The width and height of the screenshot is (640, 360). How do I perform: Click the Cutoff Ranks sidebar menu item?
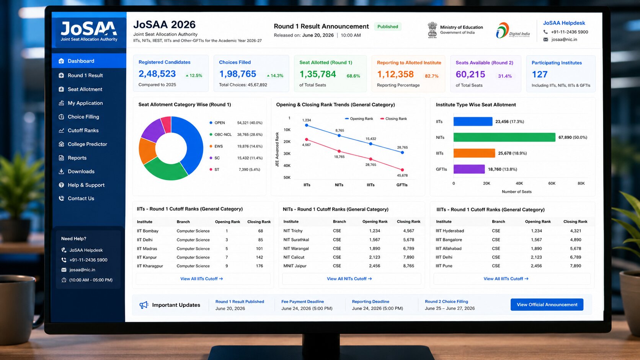point(78,130)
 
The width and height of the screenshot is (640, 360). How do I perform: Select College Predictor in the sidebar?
point(83,144)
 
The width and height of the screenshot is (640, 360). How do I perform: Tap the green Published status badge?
point(387,26)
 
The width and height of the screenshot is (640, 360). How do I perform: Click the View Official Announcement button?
point(547,305)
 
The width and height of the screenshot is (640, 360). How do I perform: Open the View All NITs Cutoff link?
point(349,279)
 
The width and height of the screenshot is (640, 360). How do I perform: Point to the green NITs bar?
point(504,137)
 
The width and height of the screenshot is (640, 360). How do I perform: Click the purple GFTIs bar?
point(469,169)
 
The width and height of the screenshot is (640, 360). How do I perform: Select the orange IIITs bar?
point(474,153)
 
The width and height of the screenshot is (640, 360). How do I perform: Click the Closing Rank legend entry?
point(393,119)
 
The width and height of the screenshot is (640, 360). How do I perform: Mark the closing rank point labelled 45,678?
point(402,170)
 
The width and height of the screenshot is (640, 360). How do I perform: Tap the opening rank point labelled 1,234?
point(307,125)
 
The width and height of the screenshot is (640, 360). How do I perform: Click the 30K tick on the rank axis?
point(287,153)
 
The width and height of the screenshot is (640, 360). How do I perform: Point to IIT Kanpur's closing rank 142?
point(260,257)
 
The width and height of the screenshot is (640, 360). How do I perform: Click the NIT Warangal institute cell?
point(296,248)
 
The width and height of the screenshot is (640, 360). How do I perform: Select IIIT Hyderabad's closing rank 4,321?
point(575,231)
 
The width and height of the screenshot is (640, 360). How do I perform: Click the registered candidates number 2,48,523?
point(157,74)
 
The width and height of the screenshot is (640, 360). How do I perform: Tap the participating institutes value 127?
point(539,74)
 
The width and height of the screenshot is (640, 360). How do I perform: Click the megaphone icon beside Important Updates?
point(144,305)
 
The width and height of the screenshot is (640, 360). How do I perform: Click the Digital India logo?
point(513,30)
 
